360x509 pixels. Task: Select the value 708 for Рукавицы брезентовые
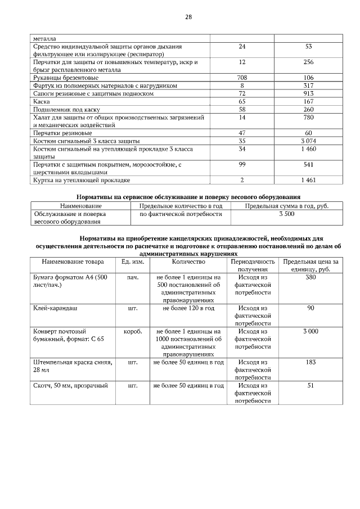[242, 78]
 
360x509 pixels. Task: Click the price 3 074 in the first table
[308, 141]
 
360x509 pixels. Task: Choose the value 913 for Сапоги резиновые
[308, 93]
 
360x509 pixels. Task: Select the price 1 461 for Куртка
[308, 180]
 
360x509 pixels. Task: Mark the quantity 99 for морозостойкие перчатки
[242, 164]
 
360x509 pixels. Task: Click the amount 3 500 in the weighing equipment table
[286, 214]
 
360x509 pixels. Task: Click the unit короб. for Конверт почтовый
[133, 332]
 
